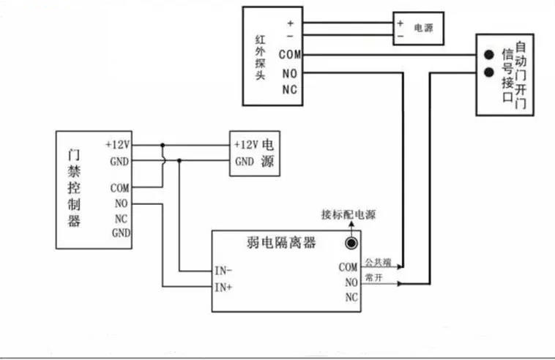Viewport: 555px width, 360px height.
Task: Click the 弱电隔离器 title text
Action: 281,243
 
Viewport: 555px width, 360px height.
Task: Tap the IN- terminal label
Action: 223,271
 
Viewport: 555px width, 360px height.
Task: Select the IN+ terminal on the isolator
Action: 223,287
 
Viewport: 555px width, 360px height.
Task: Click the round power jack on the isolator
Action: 351,244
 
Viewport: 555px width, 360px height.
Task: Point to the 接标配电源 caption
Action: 349,214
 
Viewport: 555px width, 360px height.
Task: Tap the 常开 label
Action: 373,277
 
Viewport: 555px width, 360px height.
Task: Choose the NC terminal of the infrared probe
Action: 289,89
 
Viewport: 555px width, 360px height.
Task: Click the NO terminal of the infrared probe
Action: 289,74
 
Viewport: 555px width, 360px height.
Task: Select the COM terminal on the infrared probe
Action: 290,54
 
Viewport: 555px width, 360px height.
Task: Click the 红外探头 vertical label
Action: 260,57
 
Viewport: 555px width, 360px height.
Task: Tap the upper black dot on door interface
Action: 489,54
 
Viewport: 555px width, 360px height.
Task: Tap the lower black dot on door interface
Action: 489,72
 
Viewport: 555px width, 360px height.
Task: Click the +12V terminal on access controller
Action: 118,145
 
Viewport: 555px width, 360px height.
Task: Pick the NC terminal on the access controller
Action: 121,219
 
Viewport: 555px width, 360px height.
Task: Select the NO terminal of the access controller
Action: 121,203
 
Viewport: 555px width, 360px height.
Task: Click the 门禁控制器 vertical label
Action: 74,188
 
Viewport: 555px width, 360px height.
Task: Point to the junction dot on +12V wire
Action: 163,145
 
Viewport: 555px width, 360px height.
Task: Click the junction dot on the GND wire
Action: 179,160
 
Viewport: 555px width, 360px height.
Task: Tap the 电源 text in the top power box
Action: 424,28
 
